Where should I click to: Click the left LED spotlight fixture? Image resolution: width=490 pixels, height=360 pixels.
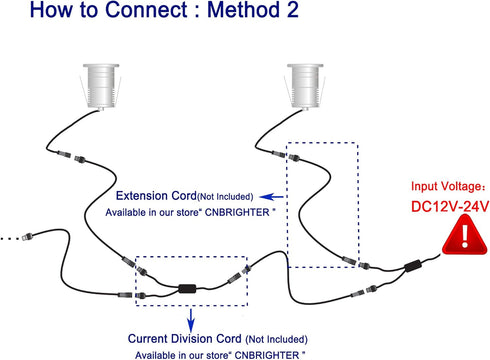pos(100,86)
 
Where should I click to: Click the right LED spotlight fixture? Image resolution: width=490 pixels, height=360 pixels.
pos(305,86)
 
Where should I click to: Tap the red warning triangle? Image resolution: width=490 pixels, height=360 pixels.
pos(465,235)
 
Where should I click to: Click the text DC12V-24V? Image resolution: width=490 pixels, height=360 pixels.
pos(450,206)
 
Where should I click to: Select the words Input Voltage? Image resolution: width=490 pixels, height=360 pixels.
pos(444,186)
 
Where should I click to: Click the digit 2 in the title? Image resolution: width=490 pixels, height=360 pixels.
pos(292,9)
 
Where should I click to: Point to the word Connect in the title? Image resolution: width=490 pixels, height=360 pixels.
pos(146,9)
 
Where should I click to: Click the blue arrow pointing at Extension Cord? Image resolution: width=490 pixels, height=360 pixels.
pos(271,197)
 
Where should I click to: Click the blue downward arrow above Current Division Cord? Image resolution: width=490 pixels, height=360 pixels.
pos(191,320)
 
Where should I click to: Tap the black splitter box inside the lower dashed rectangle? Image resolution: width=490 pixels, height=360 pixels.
pos(187,288)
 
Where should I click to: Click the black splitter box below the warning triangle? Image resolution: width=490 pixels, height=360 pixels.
pos(413,265)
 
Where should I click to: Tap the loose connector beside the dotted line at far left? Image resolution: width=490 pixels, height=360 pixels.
pos(27,237)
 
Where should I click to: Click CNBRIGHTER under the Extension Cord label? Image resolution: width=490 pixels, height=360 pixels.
pos(237,212)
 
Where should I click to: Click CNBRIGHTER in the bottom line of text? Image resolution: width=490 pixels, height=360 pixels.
pos(267,355)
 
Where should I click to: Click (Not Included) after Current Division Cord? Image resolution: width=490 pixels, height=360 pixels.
pos(276,339)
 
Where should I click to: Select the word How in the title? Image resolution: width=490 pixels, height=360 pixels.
pos(51,9)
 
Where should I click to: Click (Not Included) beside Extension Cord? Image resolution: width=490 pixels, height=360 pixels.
pos(225,197)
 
